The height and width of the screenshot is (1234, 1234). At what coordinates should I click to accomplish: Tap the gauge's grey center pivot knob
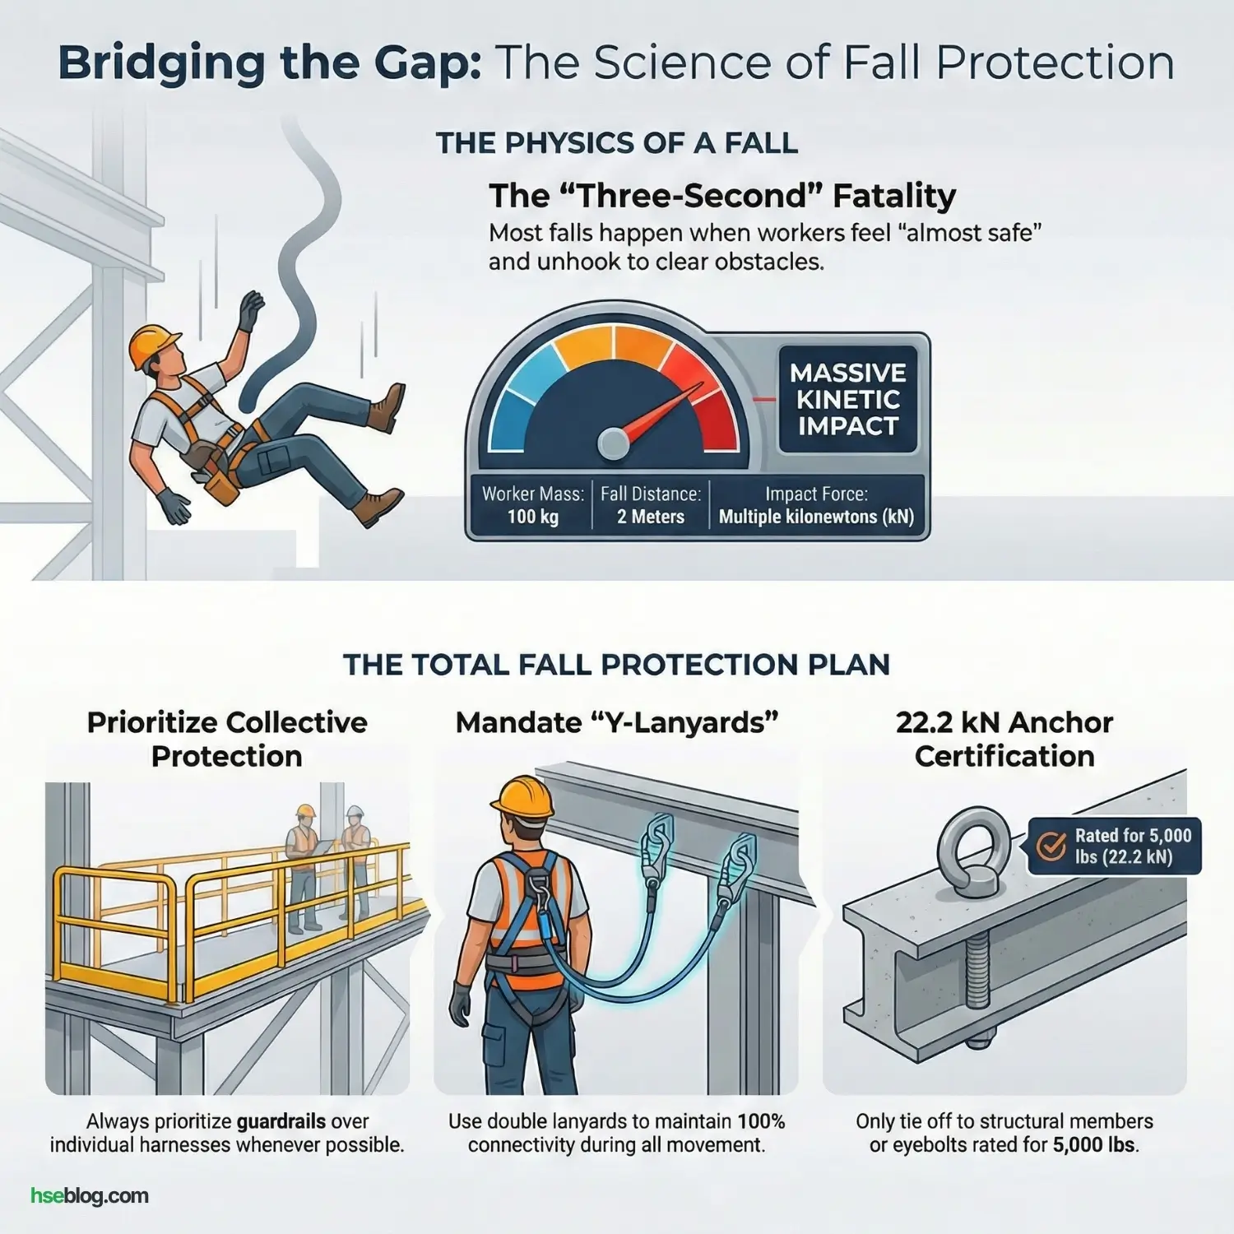point(613,443)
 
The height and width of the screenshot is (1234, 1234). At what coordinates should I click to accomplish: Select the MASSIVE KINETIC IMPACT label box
point(847,400)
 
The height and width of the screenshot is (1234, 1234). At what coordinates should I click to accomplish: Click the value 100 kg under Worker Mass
point(533,517)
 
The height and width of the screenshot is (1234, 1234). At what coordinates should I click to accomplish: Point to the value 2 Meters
point(651,517)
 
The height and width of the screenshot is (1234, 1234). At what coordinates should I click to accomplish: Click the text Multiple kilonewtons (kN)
point(816,517)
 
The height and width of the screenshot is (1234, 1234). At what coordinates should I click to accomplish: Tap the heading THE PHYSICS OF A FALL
point(616,143)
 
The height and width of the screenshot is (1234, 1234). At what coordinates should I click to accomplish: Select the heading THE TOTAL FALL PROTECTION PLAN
point(616,665)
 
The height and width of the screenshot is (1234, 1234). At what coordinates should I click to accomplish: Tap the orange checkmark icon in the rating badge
point(1051,846)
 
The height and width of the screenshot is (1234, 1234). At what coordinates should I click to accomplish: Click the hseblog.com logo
point(90,1195)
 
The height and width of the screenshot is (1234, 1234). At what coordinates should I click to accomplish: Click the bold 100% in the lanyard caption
point(761,1121)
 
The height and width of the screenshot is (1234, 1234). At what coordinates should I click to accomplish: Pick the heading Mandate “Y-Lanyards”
point(616,723)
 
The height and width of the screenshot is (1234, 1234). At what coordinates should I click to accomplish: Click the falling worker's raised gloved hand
point(249,309)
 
